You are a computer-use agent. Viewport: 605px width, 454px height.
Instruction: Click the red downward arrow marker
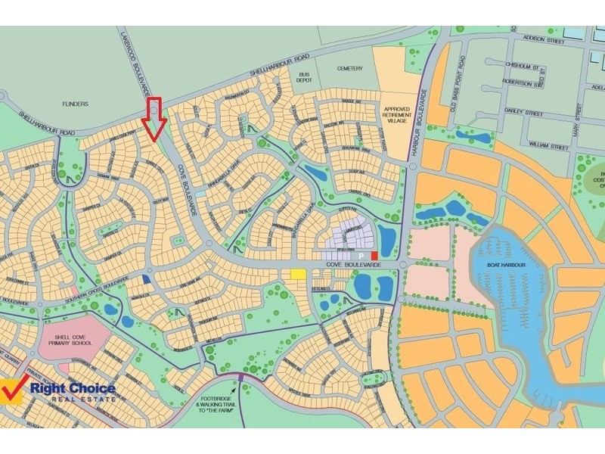click(x=154, y=119)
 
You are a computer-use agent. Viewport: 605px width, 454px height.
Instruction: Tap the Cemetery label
click(x=350, y=67)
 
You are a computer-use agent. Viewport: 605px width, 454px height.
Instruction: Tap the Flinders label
click(x=75, y=104)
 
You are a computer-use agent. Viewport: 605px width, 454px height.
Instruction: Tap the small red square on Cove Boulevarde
click(x=374, y=256)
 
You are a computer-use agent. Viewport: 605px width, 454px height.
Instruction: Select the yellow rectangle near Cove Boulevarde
click(x=298, y=274)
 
